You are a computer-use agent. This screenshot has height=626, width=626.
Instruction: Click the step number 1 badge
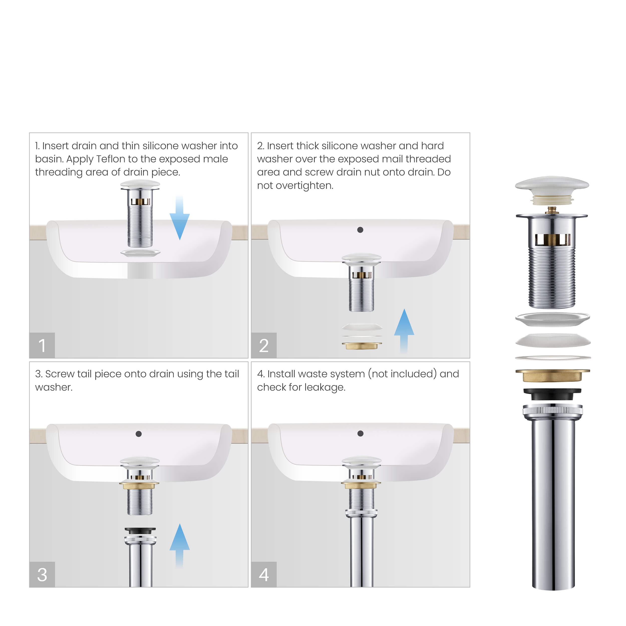(42, 345)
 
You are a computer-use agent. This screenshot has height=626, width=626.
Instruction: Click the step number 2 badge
(263, 345)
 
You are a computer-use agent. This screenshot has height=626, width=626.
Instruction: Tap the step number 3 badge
(42, 574)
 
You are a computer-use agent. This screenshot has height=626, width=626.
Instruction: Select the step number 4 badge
(263, 574)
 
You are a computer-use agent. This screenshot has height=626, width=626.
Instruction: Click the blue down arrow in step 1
(180, 220)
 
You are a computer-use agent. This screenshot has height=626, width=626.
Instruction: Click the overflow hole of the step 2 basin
(360, 230)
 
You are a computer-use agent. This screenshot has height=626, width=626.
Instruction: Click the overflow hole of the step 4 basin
(360, 433)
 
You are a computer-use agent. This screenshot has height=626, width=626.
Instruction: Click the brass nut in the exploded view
(552, 375)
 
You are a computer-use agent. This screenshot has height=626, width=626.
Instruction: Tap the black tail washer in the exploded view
(552, 394)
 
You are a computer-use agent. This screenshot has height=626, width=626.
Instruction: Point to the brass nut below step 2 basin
(362, 346)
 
